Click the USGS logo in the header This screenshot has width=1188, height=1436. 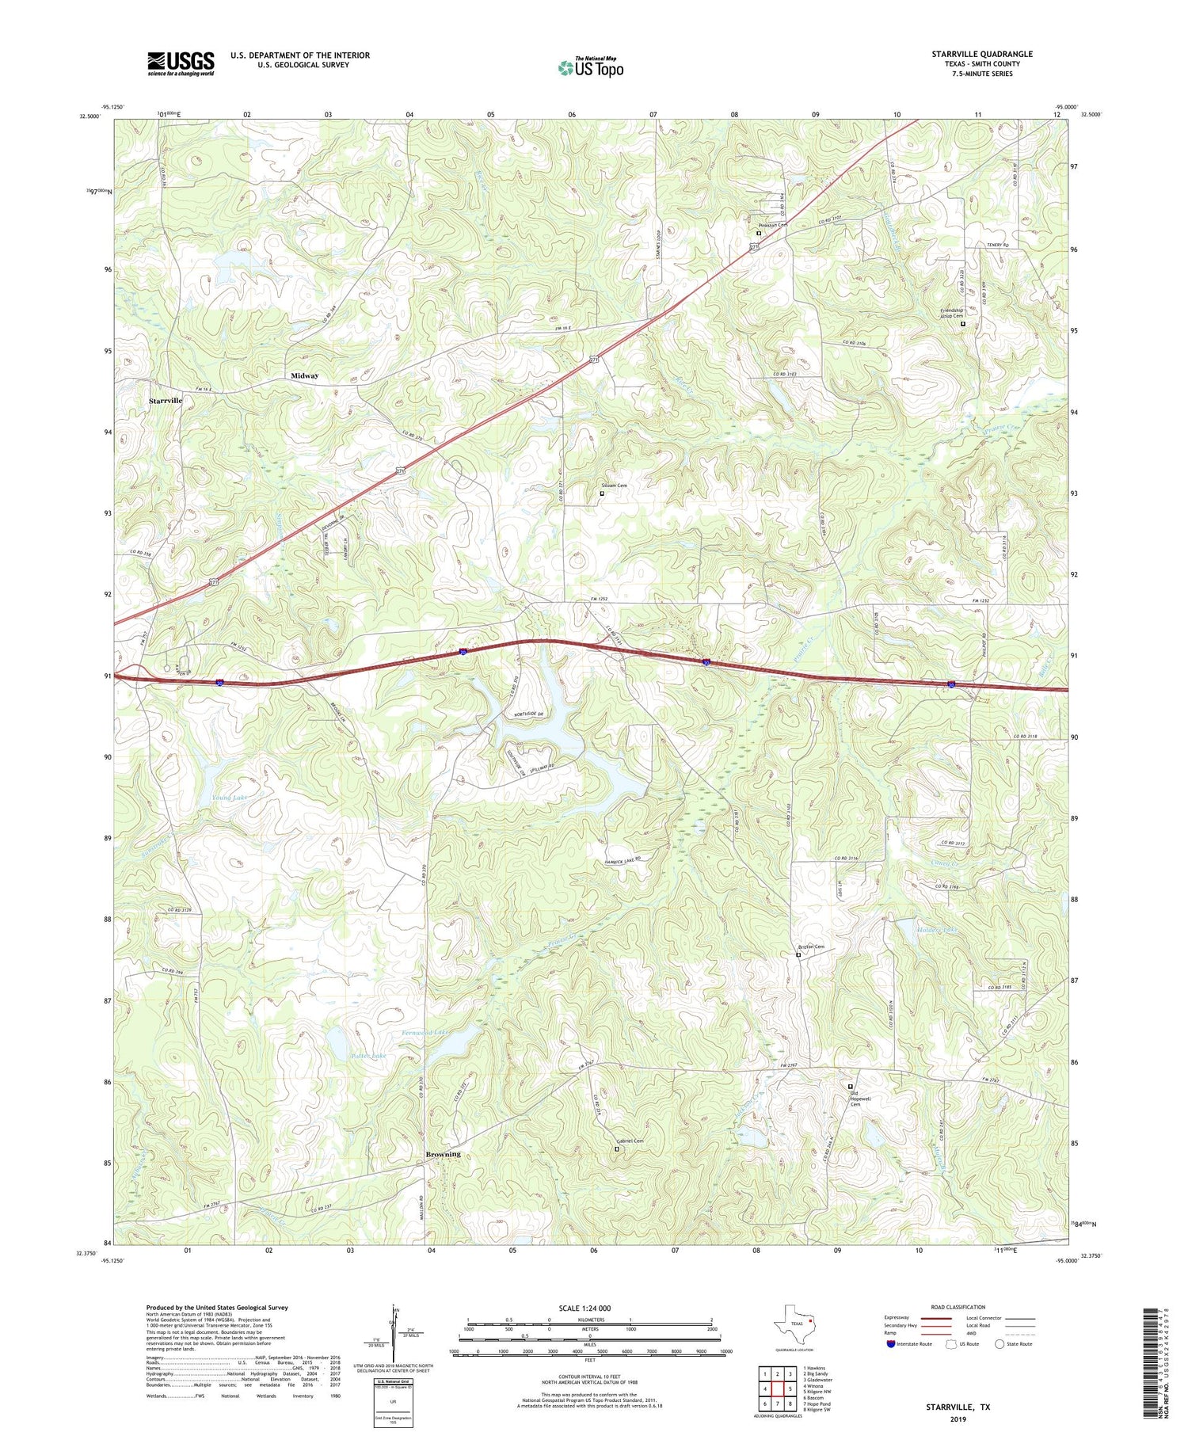(x=181, y=63)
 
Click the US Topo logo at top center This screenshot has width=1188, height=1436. (x=590, y=67)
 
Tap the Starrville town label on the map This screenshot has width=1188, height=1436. (x=166, y=401)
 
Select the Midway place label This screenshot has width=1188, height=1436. (x=304, y=375)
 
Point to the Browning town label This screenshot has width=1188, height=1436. (x=443, y=1154)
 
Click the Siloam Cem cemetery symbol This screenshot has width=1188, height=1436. (x=601, y=493)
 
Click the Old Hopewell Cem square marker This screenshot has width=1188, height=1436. (x=851, y=1086)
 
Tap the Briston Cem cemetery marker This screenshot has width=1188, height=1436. (x=798, y=955)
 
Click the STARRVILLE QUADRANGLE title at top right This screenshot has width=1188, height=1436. (x=982, y=54)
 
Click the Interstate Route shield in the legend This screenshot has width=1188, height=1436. (x=892, y=1343)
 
